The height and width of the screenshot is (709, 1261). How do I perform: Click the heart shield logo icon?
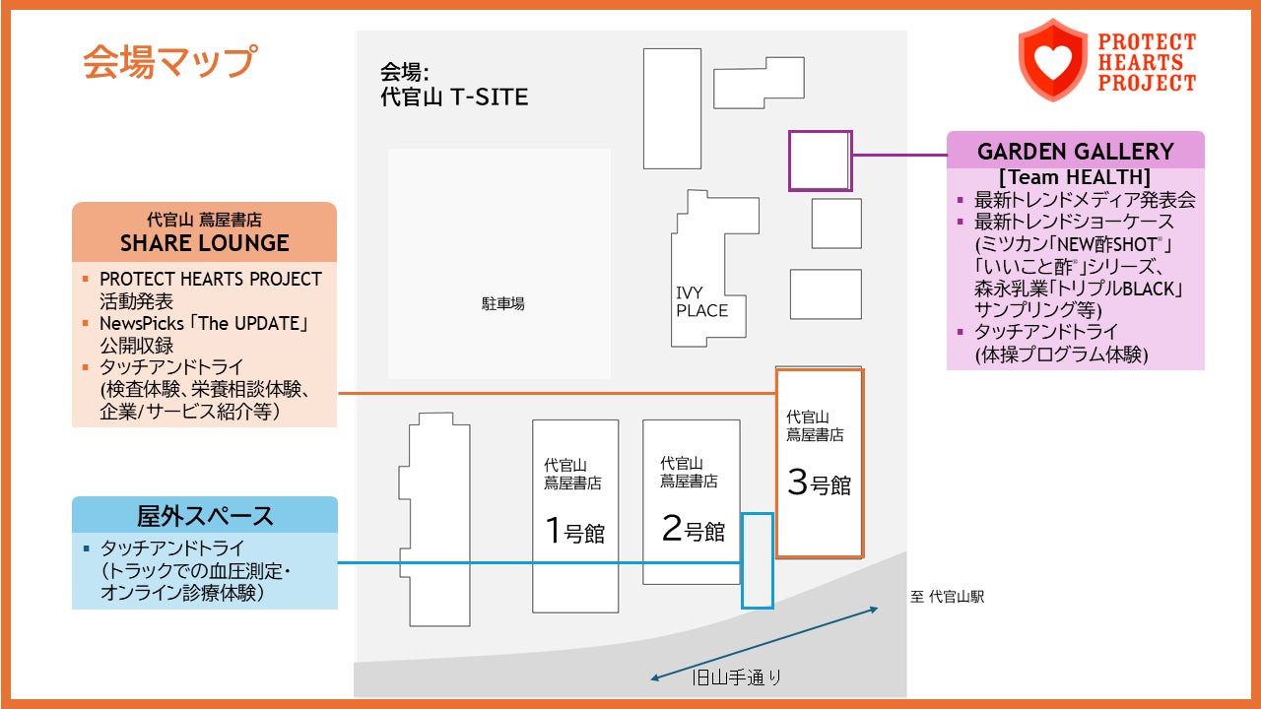[x=1052, y=60]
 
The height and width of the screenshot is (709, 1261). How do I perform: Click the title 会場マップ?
[x=168, y=61]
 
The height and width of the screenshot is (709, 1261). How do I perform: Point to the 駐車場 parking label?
[x=502, y=303]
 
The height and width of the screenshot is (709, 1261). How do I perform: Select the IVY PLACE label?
[x=701, y=302]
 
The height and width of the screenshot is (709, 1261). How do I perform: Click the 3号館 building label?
[x=819, y=483]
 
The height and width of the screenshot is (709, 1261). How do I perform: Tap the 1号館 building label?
[x=574, y=532]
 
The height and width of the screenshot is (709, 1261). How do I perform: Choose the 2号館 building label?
[x=693, y=530]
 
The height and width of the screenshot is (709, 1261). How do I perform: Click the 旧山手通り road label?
[x=737, y=677]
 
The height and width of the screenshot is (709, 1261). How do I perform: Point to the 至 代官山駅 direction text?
[x=947, y=597]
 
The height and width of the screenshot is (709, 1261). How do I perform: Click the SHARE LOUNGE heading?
[x=205, y=243]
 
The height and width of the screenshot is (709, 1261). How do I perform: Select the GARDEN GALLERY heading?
[x=1075, y=152]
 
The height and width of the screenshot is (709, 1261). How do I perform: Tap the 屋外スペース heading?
[x=205, y=515]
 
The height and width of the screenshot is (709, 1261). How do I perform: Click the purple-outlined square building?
[x=820, y=161]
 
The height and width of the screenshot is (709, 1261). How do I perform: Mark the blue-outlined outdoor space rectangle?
[x=757, y=560]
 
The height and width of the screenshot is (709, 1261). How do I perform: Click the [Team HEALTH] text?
[x=1074, y=177]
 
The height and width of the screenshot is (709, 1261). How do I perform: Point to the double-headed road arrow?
[x=764, y=644]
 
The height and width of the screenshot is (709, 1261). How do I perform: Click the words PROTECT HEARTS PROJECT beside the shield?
[x=1146, y=62]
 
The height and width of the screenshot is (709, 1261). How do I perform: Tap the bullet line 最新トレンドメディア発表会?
[x=1084, y=200]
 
